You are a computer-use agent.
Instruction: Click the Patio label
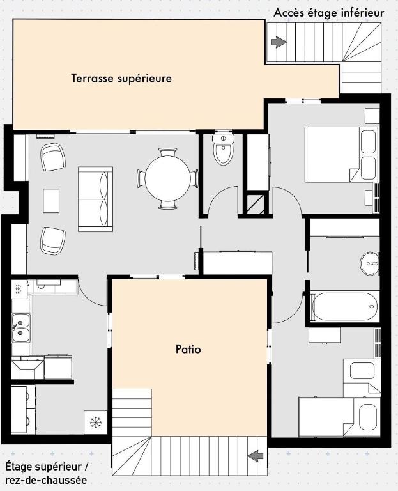188,349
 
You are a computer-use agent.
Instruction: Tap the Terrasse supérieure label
121,78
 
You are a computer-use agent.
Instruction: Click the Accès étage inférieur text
329,13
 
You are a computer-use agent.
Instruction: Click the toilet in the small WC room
223,149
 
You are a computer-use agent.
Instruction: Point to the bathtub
344,307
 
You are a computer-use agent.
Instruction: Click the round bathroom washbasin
369,263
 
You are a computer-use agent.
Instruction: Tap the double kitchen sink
21,328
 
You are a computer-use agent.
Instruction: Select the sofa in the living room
95,199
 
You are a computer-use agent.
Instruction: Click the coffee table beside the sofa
51,201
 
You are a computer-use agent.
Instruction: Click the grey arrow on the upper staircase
279,42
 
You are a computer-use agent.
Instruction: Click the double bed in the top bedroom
341,154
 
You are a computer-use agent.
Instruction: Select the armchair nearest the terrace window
53,157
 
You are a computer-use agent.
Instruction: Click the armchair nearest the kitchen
53,241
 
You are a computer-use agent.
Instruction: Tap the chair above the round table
167,152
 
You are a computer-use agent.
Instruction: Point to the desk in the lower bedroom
324,336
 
